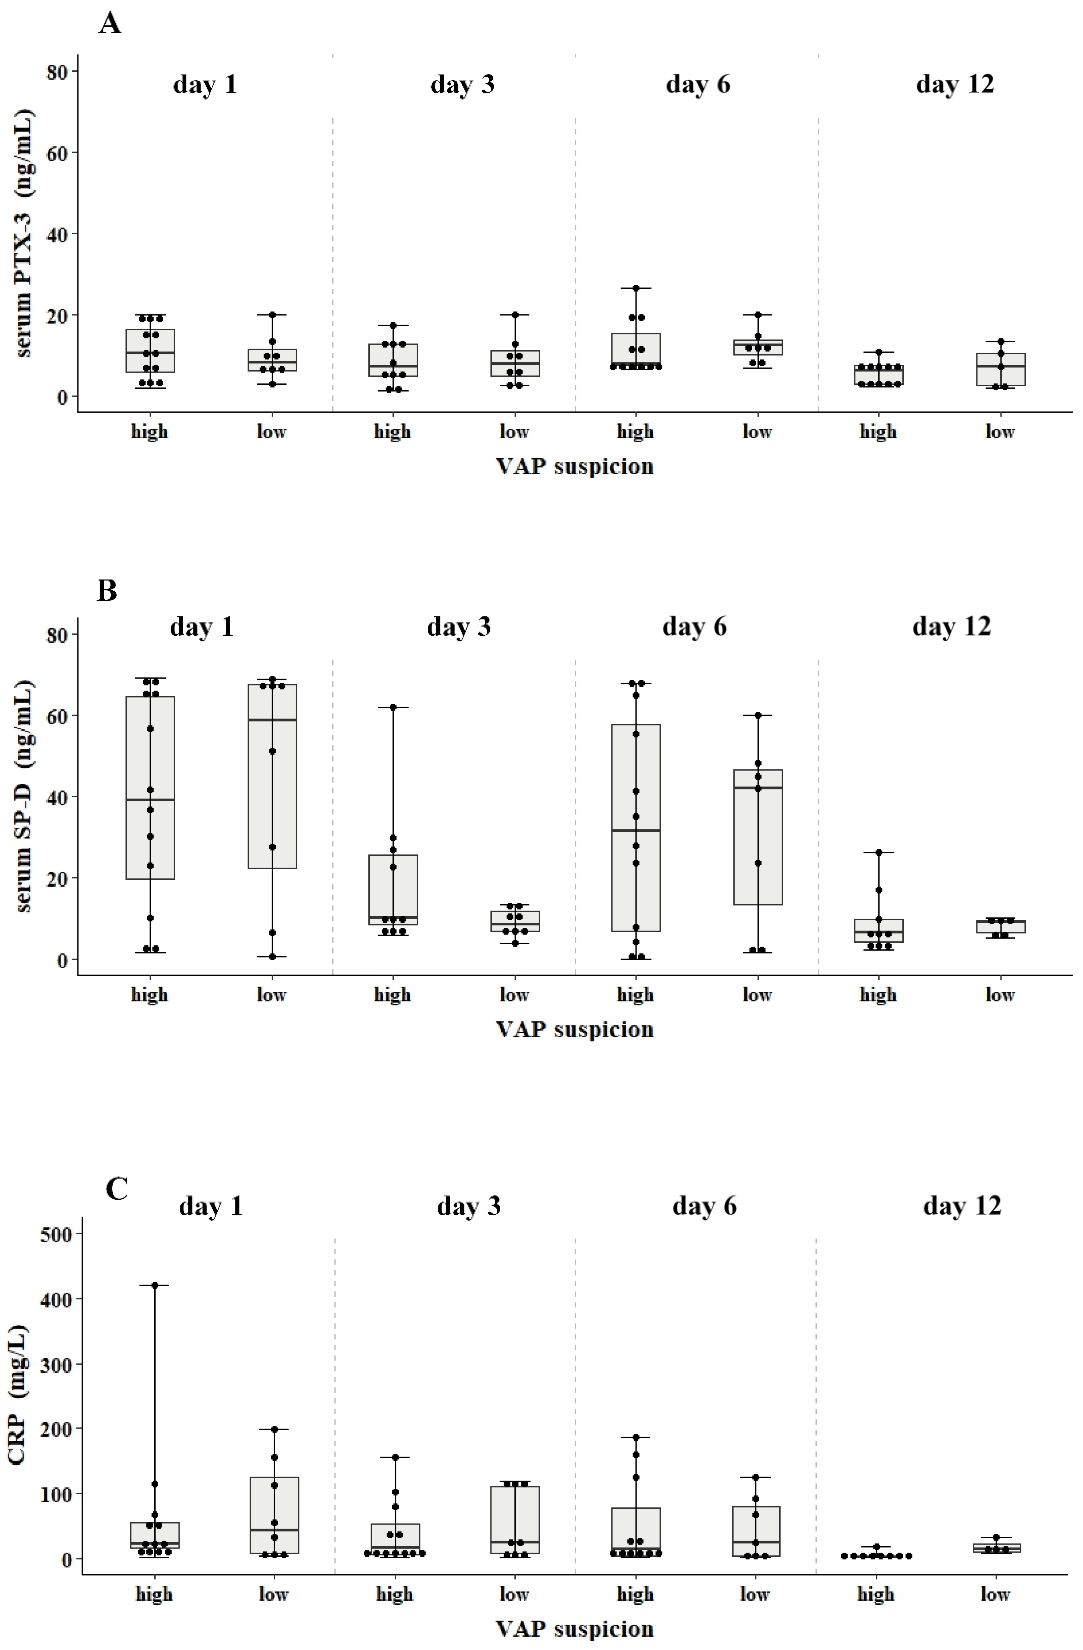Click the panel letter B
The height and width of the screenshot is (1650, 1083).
(x=107, y=591)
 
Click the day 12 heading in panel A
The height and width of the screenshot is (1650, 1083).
(x=955, y=85)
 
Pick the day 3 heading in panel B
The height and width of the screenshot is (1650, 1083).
(x=458, y=627)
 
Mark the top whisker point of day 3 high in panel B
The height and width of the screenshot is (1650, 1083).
(x=393, y=707)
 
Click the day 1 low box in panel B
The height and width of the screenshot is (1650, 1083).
(x=272, y=776)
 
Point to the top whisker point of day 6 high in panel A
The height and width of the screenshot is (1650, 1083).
(x=636, y=288)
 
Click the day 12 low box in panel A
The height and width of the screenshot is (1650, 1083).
(x=1000, y=369)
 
